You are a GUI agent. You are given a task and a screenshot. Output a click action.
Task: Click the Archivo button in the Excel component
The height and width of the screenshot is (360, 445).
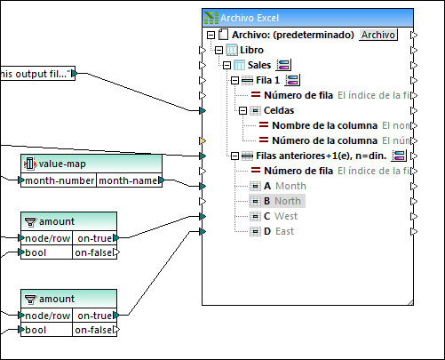tap(378, 35)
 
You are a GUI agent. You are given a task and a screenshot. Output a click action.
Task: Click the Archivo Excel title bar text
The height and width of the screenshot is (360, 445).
tap(251, 17)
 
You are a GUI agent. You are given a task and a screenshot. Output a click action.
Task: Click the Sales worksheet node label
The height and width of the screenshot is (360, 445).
tap(259, 65)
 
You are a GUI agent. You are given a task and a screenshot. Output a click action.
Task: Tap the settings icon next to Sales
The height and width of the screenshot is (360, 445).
tap(284, 65)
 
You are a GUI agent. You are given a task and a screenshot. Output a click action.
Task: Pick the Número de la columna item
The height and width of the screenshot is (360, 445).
tap(325, 140)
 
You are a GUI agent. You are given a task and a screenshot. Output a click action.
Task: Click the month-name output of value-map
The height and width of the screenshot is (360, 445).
tap(129, 180)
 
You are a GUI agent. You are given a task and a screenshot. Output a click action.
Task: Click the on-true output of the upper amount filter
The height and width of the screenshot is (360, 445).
tap(95, 238)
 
